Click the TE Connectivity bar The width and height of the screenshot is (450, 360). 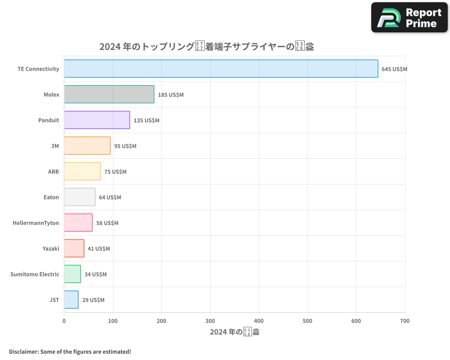pos(221,69)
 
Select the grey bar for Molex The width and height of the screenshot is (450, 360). pos(109,94)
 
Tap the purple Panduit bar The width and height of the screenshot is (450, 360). pos(97,120)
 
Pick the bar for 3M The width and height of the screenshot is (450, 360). pos(87,146)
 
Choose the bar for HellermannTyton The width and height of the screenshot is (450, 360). pos(78,223)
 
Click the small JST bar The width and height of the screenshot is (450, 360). pos(71,300)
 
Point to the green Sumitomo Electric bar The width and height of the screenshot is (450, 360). pos(72,274)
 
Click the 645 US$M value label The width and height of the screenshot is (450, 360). pos(394,69)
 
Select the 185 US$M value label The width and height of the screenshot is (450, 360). pos(171,95)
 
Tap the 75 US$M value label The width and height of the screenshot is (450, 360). pos(115,172)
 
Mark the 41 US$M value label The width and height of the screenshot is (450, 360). pos(99,249)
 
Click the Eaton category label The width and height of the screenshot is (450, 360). pos(51,197)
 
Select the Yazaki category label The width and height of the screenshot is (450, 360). pos(51,248)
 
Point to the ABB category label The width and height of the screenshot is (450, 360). pos(54,171)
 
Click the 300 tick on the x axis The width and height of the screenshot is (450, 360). pos(210,321)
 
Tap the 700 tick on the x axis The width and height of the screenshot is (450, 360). pos(405,321)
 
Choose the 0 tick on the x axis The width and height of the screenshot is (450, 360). pos(64,321)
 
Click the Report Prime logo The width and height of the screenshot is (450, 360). pos(409,18)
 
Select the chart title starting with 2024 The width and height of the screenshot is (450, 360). pos(207,46)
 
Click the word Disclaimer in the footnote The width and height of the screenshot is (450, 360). pos(23,351)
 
